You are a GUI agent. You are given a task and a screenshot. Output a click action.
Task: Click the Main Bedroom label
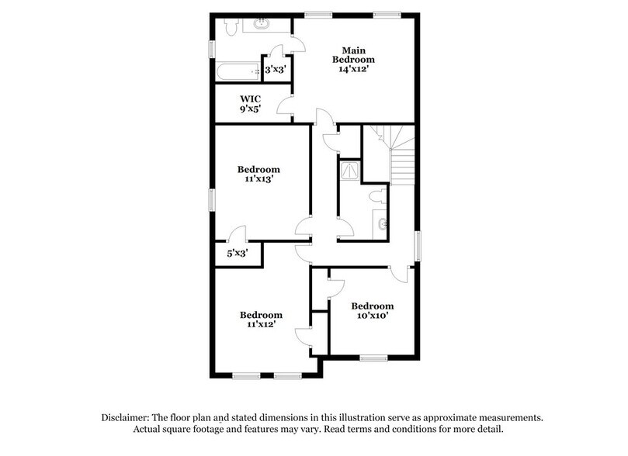[353, 54]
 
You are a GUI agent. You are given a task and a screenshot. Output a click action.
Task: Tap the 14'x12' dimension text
[353, 68]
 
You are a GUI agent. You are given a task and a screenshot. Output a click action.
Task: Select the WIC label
[249, 98]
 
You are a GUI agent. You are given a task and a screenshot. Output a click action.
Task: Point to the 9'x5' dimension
[249, 109]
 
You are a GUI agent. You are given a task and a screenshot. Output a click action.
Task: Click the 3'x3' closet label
[276, 70]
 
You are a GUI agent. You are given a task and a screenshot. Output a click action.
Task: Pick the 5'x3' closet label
[238, 253]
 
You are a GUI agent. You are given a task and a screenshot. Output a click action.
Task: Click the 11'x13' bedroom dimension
[258, 179]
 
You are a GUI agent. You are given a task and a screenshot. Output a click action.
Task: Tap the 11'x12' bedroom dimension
[260, 326]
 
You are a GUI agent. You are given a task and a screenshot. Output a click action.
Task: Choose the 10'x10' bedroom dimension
[372, 316]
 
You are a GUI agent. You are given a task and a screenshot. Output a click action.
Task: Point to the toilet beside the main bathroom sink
[229, 27]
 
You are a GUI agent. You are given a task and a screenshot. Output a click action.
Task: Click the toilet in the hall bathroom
[378, 197]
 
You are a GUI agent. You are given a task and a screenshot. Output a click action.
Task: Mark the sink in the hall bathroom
[382, 226]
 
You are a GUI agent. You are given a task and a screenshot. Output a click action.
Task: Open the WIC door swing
[286, 106]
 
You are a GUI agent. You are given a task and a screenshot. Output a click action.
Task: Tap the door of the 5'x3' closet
[238, 234]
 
